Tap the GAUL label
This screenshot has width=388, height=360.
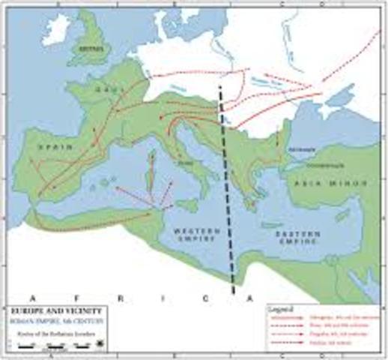coord(104,88)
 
